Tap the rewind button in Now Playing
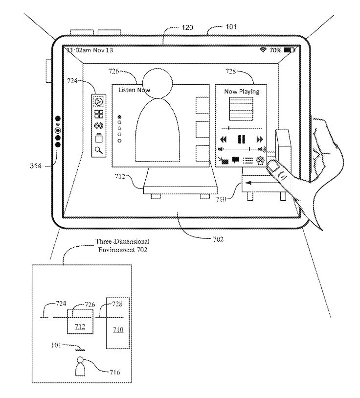tap(224, 139)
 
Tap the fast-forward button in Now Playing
tap(260, 139)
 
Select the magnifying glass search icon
tap(98, 150)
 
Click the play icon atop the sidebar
tap(98, 102)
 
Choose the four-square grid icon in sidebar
tap(98, 114)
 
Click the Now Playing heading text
tap(242, 92)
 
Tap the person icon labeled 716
tap(81, 366)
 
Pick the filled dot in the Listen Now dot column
tap(120, 117)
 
